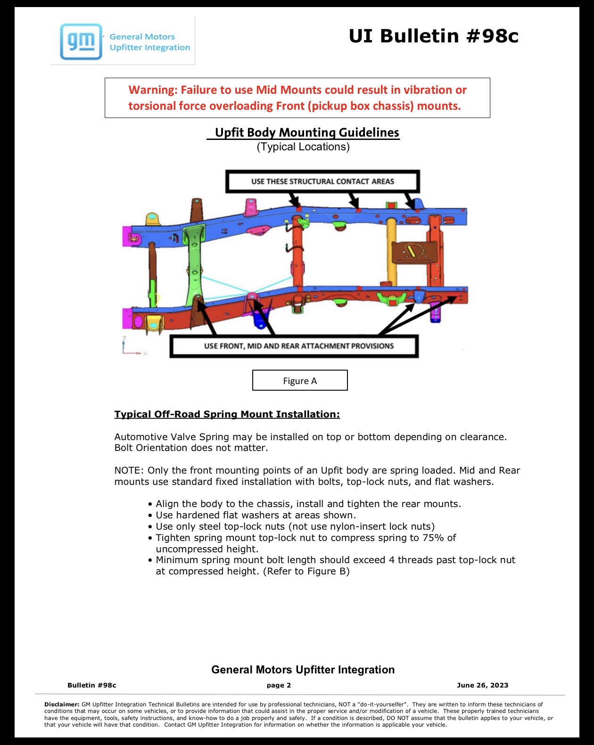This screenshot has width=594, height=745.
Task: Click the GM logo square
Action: tap(81, 41)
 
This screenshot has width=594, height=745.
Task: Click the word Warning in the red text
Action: tap(153, 90)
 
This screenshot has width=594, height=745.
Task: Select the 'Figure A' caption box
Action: tap(300, 380)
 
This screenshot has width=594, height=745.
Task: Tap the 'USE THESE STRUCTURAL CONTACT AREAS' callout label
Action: tap(322, 181)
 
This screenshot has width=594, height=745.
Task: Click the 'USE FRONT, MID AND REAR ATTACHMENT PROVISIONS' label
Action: tap(294, 346)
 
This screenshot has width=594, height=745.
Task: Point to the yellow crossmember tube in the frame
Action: tap(392, 252)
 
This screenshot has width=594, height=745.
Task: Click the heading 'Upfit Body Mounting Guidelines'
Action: tap(307, 132)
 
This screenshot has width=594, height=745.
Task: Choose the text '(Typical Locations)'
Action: tap(303, 147)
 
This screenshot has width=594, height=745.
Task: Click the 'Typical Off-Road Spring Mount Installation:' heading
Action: tap(227, 414)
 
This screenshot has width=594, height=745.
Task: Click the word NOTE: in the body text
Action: tap(129, 470)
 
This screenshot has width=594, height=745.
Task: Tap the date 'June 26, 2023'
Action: tap(482, 685)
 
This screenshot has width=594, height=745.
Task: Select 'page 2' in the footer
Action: tap(279, 685)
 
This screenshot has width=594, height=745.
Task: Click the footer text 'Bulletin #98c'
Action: tap(92, 685)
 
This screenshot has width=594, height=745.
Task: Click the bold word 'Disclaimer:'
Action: tap(62, 704)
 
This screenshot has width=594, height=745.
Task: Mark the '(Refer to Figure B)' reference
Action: tap(306, 571)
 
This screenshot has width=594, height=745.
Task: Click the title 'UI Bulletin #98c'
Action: tap(434, 36)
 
